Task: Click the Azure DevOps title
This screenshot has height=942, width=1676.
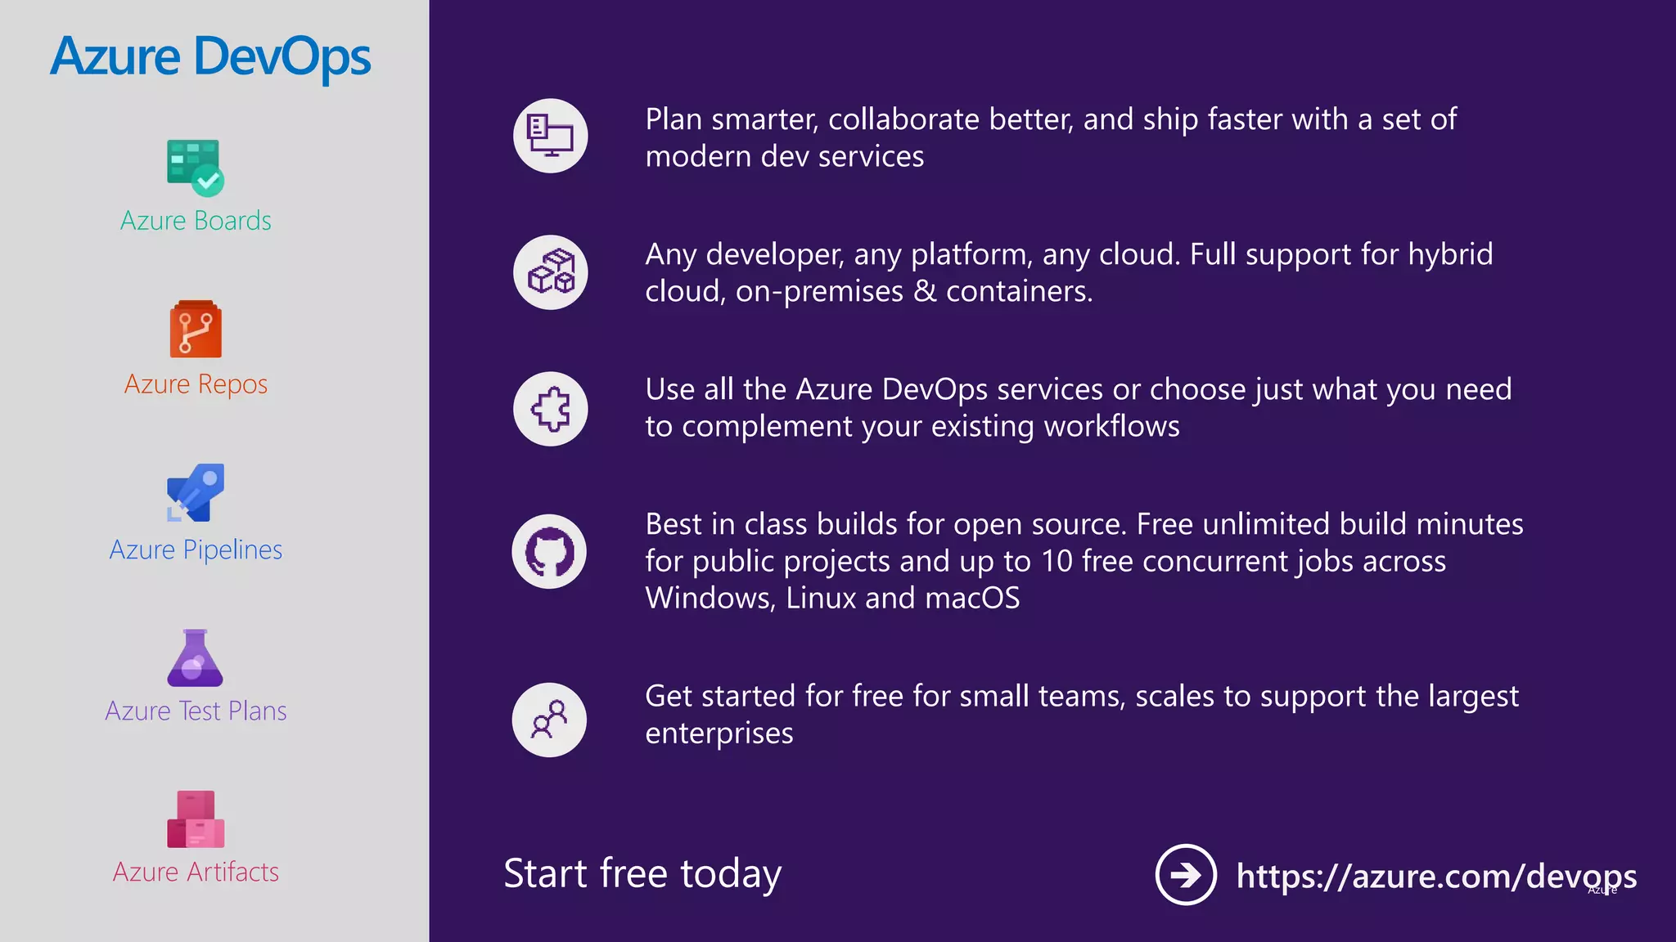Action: pyautogui.click(x=210, y=57)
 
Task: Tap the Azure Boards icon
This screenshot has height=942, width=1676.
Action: pyautogui.click(x=195, y=168)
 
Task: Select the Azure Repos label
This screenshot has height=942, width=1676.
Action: pyautogui.click(x=196, y=384)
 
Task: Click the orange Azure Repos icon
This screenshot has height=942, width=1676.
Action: pyautogui.click(x=196, y=330)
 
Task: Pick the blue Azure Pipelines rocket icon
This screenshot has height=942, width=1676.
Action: pyautogui.click(x=196, y=493)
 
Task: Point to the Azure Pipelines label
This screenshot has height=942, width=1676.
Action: pyautogui.click(x=196, y=549)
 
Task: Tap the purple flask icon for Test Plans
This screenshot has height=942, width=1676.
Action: pyautogui.click(x=195, y=658)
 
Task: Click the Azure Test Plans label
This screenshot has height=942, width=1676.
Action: pyautogui.click(x=196, y=711)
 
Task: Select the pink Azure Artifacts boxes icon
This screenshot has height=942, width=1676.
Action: pyautogui.click(x=196, y=819)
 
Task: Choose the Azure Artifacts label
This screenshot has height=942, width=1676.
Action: pyautogui.click(x=196, y=872)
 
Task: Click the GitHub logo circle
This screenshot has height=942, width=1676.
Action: pyautogui.click(x=549, y=552)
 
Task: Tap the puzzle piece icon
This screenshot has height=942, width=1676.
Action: pyautogui.click(x=550, y=409)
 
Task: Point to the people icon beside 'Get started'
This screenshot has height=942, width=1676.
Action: pyautogui.click(x=549, y=720)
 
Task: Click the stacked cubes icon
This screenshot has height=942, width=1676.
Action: pyautogui.click(x=550, y=272)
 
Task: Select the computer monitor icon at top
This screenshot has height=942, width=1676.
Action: pyautogui.click(x=550, y=136)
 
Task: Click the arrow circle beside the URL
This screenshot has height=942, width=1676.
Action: pyautogui.click(x=1185, y=875)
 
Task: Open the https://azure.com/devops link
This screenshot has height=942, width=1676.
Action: pyautogui.click(x=1435, y=876)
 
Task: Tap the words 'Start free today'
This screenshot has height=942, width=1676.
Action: pyautogui.click(x=642, y=873)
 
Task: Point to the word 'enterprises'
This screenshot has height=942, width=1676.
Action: pyautogui.click(x=719, y=733)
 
